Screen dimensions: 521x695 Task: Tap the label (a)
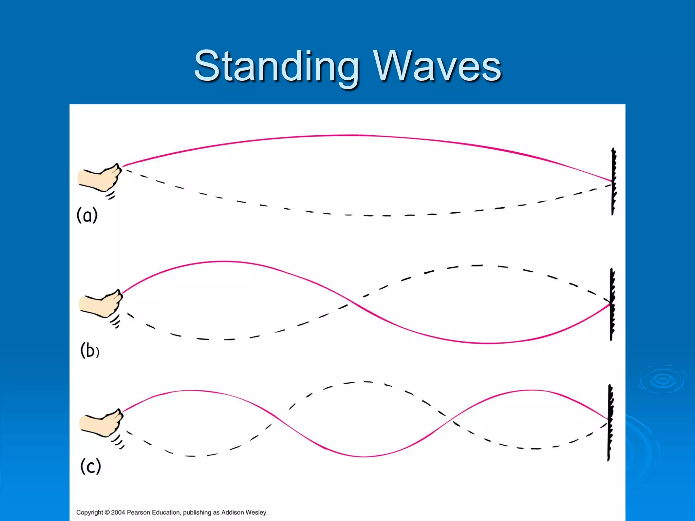87,215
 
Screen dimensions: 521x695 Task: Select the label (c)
91,466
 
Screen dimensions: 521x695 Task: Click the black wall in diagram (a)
614,181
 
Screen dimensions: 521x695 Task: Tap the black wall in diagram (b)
612,304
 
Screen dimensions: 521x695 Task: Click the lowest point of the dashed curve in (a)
377,216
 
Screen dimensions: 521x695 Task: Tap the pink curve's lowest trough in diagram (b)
489,343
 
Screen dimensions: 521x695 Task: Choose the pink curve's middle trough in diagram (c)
363,457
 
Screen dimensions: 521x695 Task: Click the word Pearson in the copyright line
137,512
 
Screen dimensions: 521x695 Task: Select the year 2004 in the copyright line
118,512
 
